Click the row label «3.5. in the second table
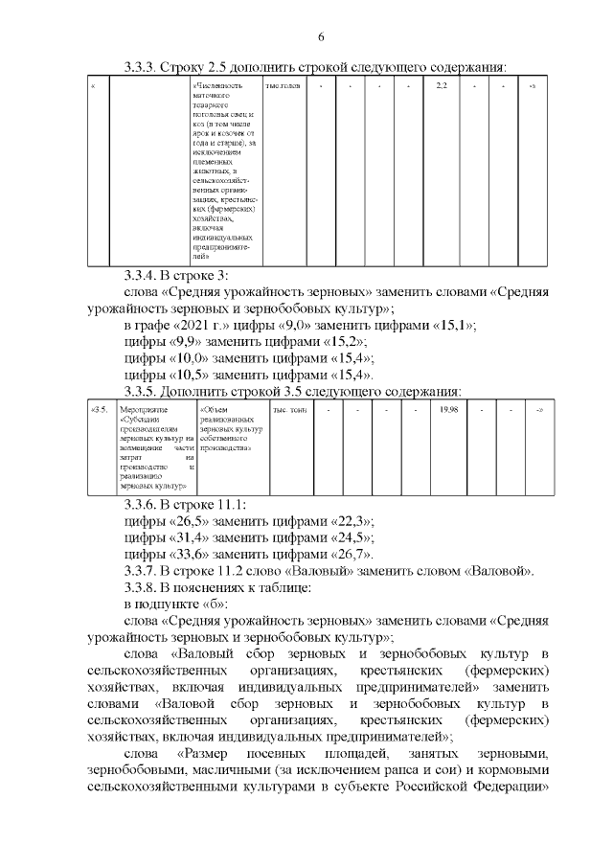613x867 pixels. [99, 410]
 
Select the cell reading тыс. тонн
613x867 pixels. [283, 410]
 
